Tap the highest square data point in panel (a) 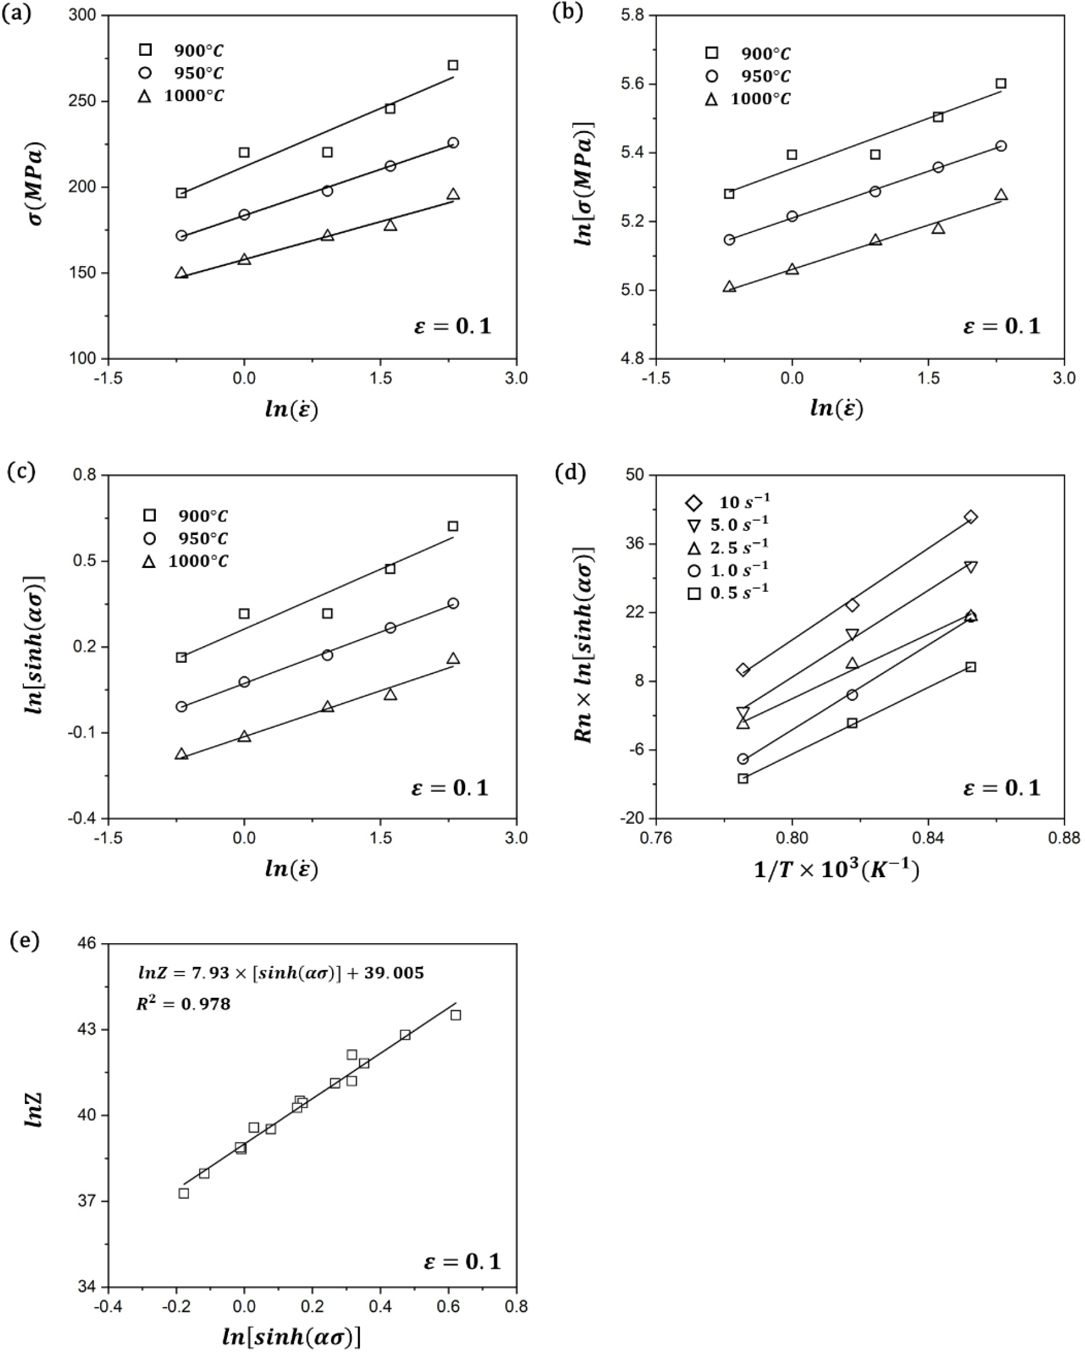click(x=453, y=65)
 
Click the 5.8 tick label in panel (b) click(x=635, y=15)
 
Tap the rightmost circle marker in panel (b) click(x=1001, y=146)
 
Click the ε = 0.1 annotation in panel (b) click(x=1002, y=326)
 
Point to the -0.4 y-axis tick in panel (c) click(x=88, y=818)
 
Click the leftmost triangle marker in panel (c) click(x=181, y=754)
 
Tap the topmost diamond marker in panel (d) click(x=970, y=517)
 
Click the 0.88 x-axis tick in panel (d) click(x=1063, y=839)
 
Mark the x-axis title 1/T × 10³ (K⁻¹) click(x=837, y=870)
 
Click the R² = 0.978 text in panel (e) click(x=183, y=1003)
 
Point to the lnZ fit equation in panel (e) click(x=281, y=973)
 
